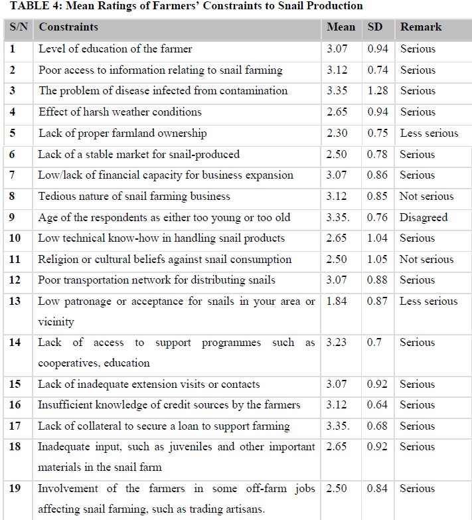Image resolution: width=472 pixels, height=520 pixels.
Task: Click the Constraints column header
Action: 68,27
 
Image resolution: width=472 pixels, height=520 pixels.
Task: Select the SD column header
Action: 375,27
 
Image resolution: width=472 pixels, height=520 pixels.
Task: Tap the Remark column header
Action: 420,27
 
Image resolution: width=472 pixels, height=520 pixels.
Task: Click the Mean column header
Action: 340,27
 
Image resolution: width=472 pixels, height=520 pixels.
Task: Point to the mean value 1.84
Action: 337,301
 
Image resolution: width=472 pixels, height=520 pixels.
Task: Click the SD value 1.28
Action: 378,90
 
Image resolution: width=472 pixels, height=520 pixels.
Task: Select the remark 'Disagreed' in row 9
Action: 424,217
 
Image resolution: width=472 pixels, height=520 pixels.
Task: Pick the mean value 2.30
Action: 337,133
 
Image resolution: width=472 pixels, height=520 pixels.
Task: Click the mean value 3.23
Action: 337,342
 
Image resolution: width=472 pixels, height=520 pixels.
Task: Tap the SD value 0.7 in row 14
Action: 375,342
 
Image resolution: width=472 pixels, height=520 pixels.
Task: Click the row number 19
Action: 15,488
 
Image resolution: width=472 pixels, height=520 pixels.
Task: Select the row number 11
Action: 15,259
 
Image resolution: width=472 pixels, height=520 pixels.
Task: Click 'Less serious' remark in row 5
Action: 429,133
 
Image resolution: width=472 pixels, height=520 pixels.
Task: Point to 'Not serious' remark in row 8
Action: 426,196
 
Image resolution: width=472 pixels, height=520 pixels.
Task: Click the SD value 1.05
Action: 378,259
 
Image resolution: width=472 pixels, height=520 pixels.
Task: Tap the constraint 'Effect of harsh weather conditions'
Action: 119,112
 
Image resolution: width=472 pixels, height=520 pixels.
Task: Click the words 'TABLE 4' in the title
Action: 27,6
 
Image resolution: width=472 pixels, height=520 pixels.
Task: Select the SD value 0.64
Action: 378,404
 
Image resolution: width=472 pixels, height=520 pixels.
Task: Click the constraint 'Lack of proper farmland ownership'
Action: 122,133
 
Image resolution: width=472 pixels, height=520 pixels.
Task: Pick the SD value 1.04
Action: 378,238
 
